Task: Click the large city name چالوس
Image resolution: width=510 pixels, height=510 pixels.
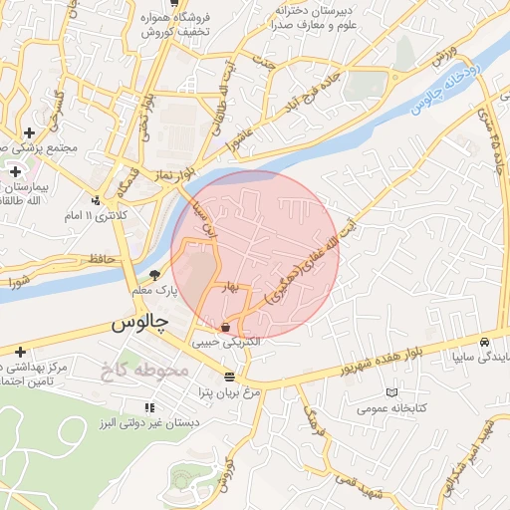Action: click(x=137, y=324)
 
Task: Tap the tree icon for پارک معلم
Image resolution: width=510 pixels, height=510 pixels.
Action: click(x=153, y=274)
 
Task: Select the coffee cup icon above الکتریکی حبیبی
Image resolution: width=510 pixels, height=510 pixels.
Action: click(x=226, y=326)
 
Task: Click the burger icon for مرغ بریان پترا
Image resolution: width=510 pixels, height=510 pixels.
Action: click(x=230, y=377)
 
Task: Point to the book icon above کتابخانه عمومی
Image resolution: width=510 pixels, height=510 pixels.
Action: click(x=389, y=392)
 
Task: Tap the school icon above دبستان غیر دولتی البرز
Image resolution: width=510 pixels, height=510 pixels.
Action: click(x=149, y=406)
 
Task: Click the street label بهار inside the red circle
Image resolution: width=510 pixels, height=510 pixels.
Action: click(x=233, y=287)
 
